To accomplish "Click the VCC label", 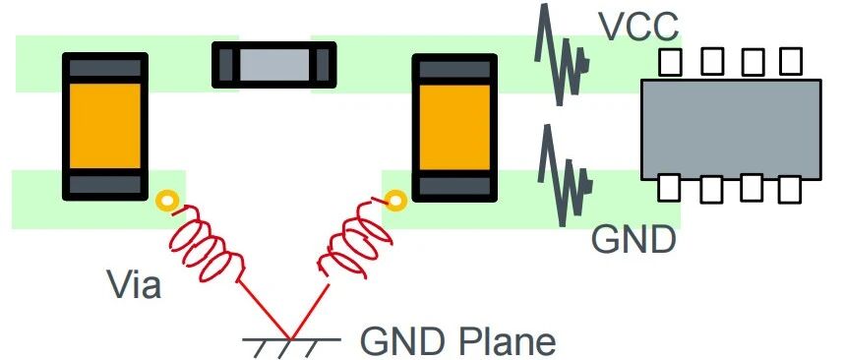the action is point(639,27).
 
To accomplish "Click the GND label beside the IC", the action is point(633,240).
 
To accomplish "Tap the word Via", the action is point(134,283).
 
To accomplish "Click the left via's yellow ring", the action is point(167,202).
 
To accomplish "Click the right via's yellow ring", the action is point(395,202).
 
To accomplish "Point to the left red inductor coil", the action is point(208,245).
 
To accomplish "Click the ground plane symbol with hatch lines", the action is point(290,344).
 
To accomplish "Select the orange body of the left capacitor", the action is point(105,126).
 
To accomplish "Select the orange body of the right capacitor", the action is point(454,127).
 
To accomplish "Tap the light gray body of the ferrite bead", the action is point(274,65).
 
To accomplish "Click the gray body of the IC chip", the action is point(731,130).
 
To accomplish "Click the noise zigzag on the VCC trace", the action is point(562,54).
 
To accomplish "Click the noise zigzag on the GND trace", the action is point(564,175).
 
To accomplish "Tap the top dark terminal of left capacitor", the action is point(105,68).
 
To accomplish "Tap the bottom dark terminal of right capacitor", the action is point(454,186).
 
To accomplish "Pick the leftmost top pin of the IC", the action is point(670,62).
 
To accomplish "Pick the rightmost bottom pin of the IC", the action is point(790,189).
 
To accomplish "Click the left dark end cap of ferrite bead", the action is point(226,65).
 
